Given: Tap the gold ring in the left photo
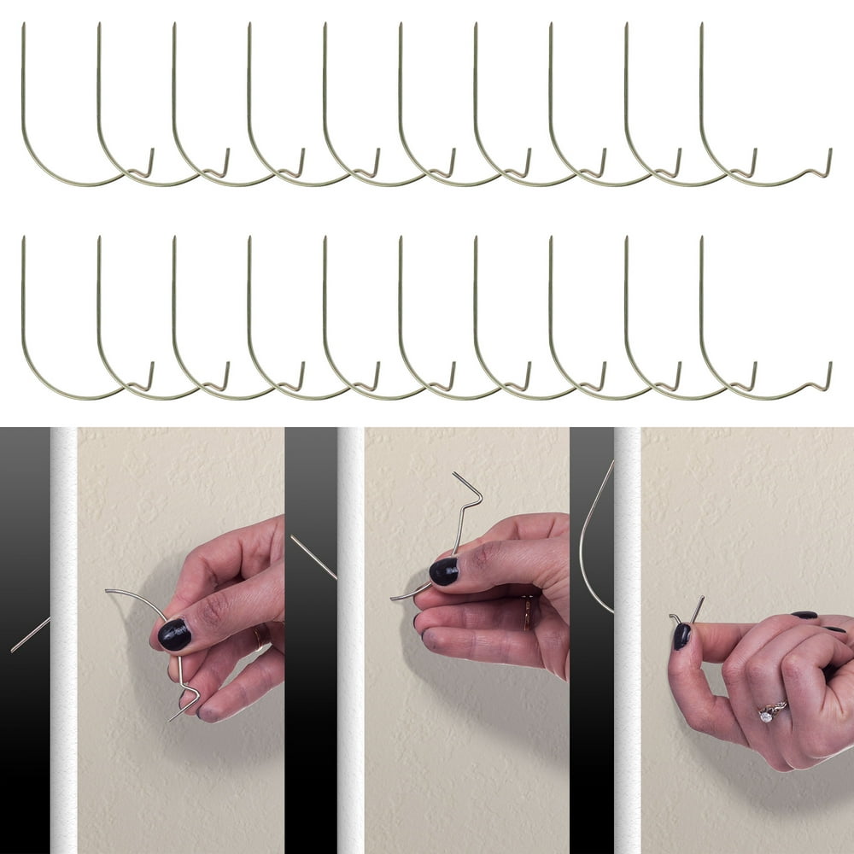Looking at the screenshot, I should click(x=257, y=636).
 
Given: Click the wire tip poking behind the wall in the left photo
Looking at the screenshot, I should click(x=30, y=635).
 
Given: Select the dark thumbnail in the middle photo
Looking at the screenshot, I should click(x=443, y=570).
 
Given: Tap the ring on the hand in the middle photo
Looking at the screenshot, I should click(x=527, y=611).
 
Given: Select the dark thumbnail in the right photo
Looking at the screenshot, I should click(x=681, y=636).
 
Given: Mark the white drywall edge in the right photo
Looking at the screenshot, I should click(x=628, y=640).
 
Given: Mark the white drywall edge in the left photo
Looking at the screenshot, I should click(x=63, y=640).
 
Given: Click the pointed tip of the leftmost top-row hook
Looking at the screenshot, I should click(x=23, y=26).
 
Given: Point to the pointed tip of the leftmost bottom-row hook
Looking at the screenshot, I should click(x=23, y=239).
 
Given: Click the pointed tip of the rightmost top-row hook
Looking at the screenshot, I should click(x=701, y=26).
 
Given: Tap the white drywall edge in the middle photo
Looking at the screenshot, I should click(x=350, y=640).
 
